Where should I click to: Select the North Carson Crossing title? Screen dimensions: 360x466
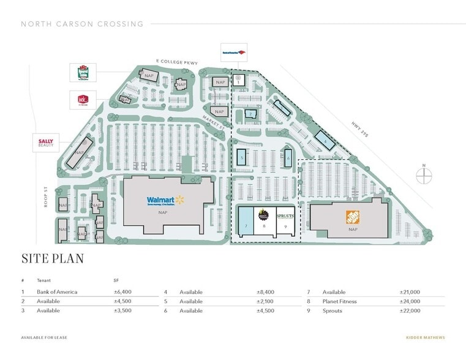click(x=82, y=24)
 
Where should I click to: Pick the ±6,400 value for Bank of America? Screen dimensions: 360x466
click(x=123, y=292)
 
